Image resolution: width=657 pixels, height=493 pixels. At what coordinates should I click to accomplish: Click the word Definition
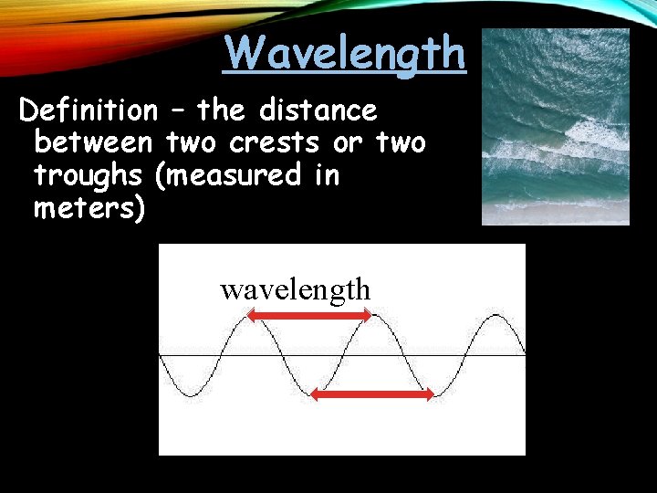point(89,111)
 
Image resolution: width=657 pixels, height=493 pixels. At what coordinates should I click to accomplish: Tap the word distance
point(318,111)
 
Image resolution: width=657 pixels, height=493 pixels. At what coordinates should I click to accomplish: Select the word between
point(94,143)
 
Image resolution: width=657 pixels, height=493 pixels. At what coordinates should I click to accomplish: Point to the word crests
point(274,143)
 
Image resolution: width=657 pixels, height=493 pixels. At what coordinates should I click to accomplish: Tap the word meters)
point(89,207)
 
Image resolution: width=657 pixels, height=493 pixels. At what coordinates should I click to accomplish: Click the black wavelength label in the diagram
point(295,290)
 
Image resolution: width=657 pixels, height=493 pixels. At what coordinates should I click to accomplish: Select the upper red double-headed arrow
point(310,316)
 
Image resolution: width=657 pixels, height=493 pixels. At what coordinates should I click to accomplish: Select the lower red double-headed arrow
point(372,394)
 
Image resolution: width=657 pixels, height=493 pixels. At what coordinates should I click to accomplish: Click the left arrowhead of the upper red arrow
point(253,316)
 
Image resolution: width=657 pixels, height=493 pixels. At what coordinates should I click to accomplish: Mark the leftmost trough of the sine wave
point(190,394)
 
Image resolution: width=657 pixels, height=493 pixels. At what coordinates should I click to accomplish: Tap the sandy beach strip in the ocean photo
point(555,214)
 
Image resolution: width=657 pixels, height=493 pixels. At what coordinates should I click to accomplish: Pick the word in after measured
point(327,174)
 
